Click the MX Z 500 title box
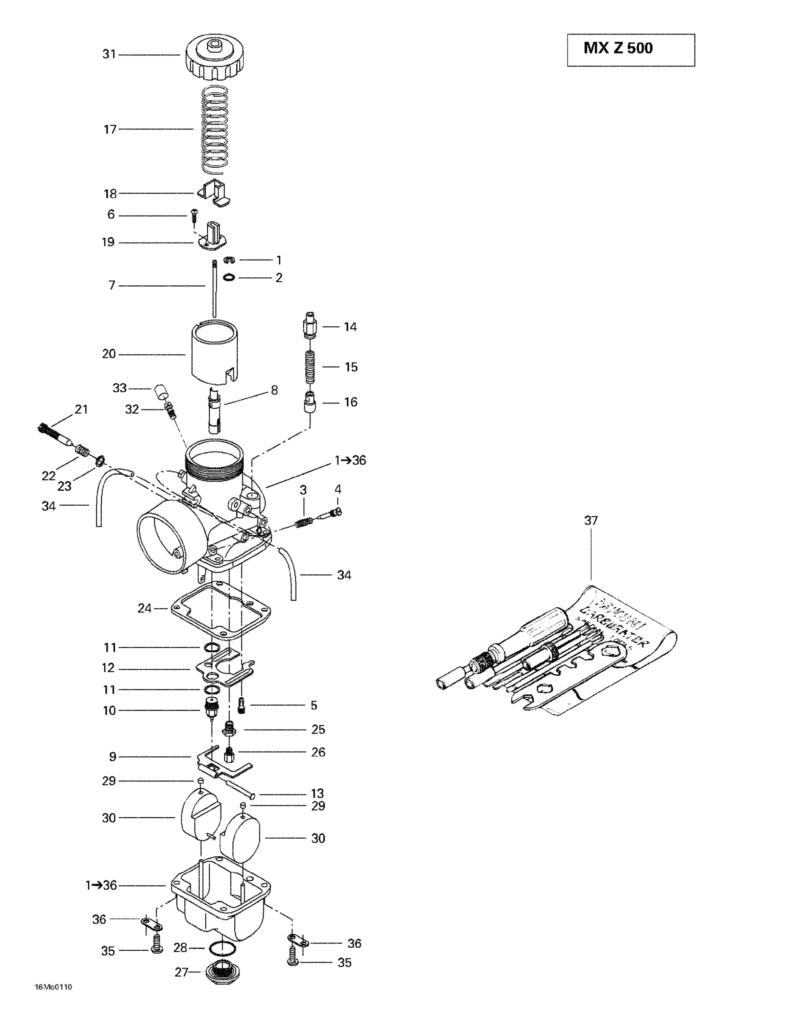630,50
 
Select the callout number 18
110,193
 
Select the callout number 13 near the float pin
317,794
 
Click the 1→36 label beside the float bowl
101,885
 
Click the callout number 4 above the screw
338,489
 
